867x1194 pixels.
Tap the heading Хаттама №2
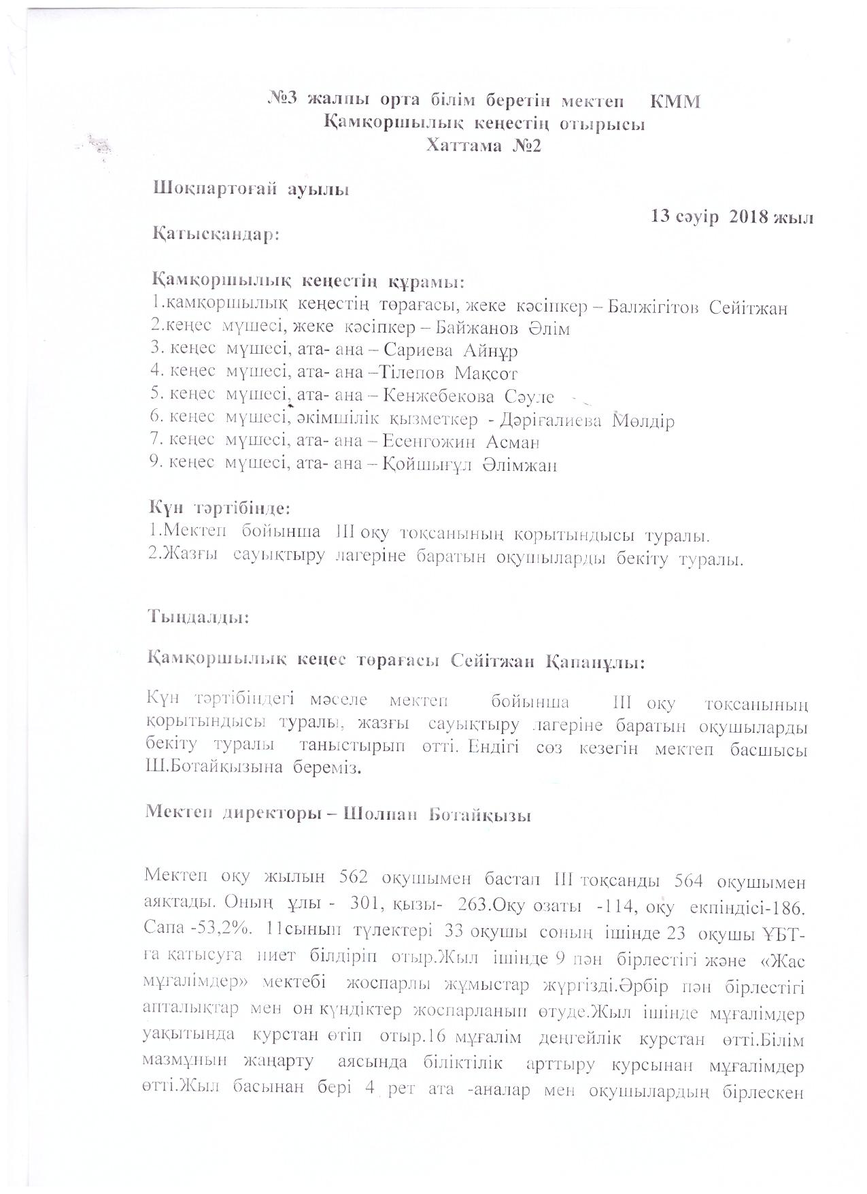pyautogui.click(x=483, y=146)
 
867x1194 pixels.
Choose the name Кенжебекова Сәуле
pyautogui.click(x=469, y=397)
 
